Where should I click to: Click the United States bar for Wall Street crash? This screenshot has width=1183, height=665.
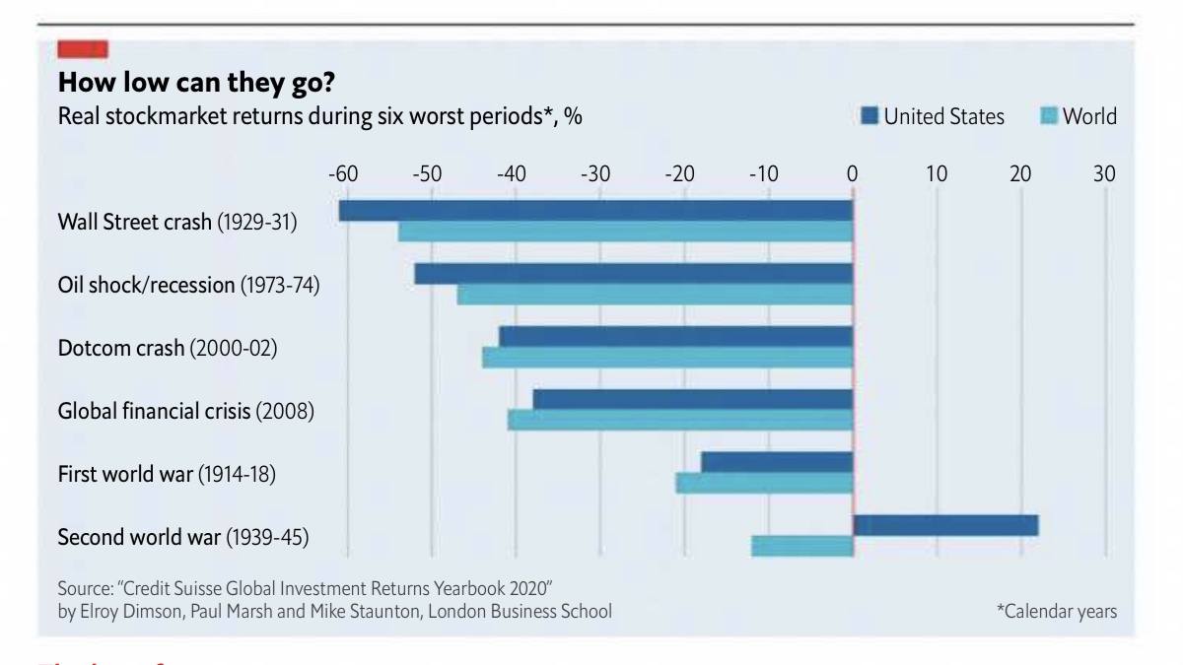click(595, 211)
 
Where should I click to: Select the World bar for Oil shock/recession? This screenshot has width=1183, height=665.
click(655, 295)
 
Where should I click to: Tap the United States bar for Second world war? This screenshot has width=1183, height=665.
click(945, 525)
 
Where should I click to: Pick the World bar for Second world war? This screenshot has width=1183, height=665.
click(801, 546)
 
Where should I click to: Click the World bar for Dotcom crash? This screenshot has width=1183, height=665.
click(666, 358)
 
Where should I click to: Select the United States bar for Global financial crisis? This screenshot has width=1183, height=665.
click(692, 399)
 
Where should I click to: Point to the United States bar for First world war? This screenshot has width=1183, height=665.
click(776, 462)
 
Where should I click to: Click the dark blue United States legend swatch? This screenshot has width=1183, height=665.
click(869, 116)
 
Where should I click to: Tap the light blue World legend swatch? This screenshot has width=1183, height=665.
click(1049, 116)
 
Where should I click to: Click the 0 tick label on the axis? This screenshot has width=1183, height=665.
click(852, 175)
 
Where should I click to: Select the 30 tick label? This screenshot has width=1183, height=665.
click(1104, 175)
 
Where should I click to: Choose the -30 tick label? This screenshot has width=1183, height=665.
click(594, 175)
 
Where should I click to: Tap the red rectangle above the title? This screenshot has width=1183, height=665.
click(83, 48)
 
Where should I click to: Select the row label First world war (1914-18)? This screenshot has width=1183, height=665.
click(167, 475)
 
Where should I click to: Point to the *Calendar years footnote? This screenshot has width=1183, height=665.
click(1057, 612)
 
